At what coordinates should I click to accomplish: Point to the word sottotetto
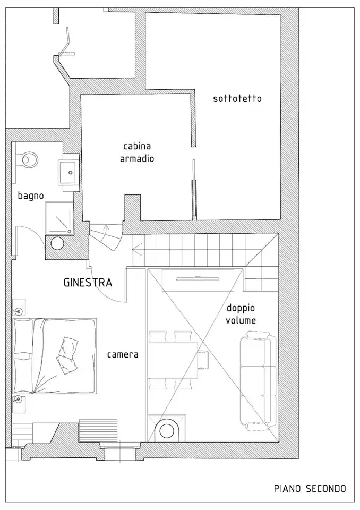pyautogui.click(x=237, y=99)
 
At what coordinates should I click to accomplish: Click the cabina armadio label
pyautogui.click(x=137, y=152)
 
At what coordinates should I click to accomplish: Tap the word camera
pyautogui.click(x=123, y=354)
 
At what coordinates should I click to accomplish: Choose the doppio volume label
pyautogui.click(x=241, y=314)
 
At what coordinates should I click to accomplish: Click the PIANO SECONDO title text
pyautogui.click(x=310, y=488)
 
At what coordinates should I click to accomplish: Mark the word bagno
pyautogui.click(x=31, y=196)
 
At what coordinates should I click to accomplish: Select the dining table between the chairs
pyautogui.click(x=173, y=360)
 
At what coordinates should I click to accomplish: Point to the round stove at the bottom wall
pyautogui.click(x=168, y=430)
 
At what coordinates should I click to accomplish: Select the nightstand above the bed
pyautogui.click(x=18, y=307)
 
